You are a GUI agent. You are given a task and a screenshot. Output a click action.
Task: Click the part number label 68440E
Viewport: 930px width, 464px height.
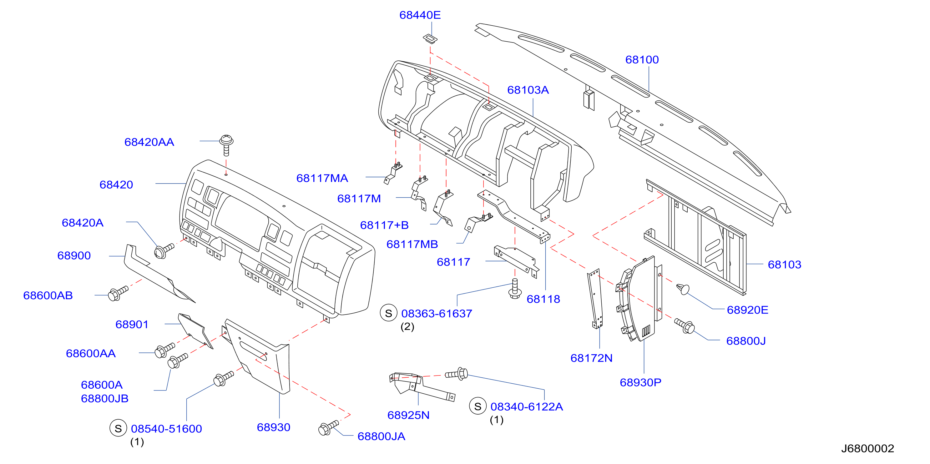click(x=420, y=15)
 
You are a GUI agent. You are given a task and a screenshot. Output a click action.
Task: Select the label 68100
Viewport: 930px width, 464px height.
click(x=642, y=60)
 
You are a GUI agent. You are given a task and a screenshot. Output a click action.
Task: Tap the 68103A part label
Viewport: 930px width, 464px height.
click(x=528, y=90)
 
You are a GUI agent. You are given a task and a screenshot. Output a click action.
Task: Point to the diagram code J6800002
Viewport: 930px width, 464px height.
click(x=867, y=448)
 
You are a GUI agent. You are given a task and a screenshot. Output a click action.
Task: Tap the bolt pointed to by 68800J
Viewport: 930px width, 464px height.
click(x=684, y=326)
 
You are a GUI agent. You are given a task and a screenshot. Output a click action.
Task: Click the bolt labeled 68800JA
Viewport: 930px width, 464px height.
click(x=328, y=428)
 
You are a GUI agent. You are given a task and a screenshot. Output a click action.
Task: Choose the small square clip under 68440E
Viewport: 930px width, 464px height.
click(x=430, y=39)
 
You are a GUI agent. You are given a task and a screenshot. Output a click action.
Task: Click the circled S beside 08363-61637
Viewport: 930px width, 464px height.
click(x=388, y=313)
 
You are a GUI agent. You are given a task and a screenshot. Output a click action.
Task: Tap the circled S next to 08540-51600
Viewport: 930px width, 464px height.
click(x=118, y=428)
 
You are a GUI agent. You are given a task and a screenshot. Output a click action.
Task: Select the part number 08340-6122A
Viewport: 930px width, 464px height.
click(x=526, y=406)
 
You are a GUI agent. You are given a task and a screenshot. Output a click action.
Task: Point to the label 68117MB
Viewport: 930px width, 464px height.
click(x=412, y=245)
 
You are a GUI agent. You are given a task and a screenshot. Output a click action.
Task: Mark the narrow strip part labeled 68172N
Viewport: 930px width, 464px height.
click(x=595, y=299)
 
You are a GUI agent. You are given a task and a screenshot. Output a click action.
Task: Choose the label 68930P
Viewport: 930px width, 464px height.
click(x=640, y=382)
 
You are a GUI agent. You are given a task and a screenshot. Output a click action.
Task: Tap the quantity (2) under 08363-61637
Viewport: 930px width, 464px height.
click(x=407, y=327)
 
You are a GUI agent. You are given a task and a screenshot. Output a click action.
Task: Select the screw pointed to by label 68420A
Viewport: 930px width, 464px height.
click(x=164, y=250)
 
